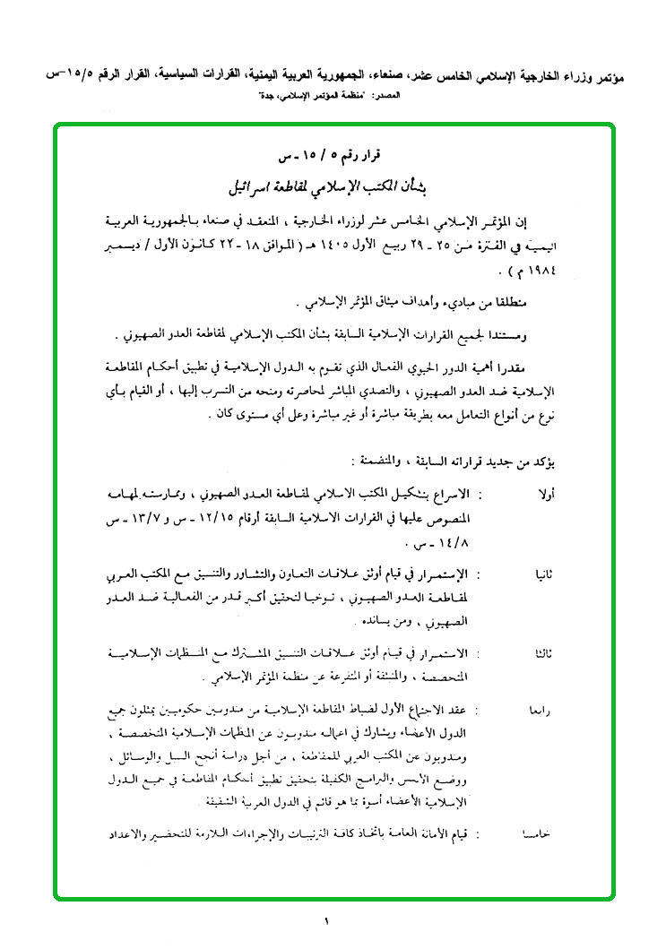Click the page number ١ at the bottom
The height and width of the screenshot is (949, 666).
pos(327,920)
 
